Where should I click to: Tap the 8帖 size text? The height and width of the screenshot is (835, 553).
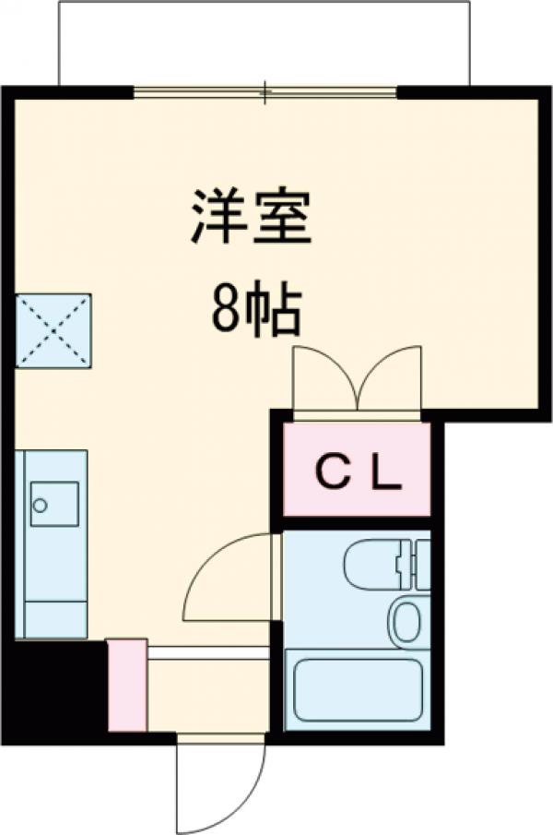(x=255, y=312)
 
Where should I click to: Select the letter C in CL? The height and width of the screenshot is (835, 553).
(x=330, y=472)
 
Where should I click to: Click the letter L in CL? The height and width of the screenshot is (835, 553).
(x=387, y=472)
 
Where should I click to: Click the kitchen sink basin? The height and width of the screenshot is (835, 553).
(x=53, y=503)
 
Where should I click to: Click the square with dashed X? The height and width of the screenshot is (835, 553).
(x=53, y=330)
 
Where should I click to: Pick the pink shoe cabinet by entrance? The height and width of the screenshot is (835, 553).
(x=127, y=685)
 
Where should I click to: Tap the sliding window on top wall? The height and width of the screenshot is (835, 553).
(x=265, y=92)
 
